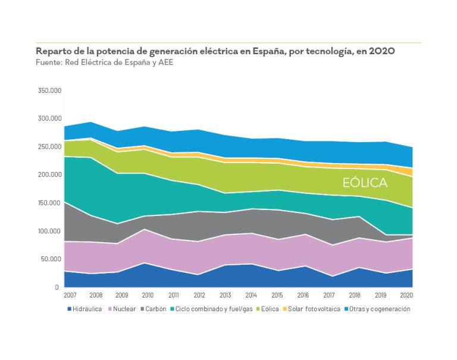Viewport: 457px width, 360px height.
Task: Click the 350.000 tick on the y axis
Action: click(x=49, y=90)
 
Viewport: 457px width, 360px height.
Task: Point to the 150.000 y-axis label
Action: click(x=49, y=203)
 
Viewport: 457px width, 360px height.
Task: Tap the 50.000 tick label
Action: click(x=51, y=259)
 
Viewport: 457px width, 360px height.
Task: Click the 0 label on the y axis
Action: click(x=58, y=287)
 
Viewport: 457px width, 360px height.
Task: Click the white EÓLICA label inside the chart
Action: click(x=365, y=183)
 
